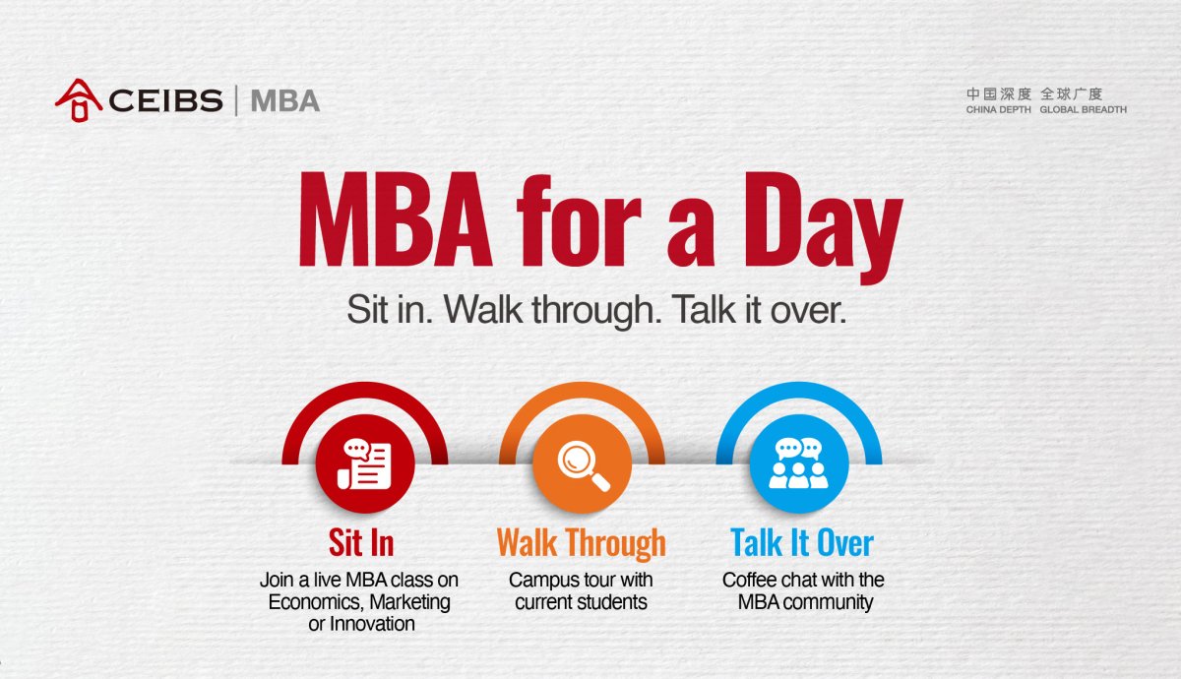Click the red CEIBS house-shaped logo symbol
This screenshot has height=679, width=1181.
point(79,100)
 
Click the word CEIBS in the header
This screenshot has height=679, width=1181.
point(166,100)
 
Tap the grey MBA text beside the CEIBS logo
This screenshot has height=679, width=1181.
point(285,100)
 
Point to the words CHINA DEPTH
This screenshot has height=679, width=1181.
point(998,109)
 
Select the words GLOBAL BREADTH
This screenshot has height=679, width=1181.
point(1083,109)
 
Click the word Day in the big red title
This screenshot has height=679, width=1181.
point(824,225)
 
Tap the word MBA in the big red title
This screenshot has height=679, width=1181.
point(396,219)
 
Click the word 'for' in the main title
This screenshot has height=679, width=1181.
point(579,219)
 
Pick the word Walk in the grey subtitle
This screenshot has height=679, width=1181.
point(483,309)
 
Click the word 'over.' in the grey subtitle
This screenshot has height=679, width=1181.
point(808,311)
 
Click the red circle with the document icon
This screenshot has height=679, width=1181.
point(365,463)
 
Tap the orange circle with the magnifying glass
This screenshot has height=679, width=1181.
point(582,463)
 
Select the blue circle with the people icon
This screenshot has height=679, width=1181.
point(799,463)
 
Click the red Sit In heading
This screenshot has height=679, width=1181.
point(361,542)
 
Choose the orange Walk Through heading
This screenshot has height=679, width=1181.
point(581,544)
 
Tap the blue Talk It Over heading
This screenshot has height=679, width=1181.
point(802,542)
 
